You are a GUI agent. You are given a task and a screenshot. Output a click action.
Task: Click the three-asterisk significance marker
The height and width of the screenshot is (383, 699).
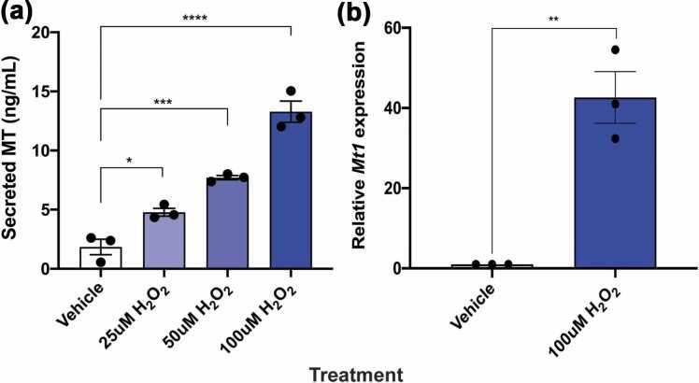click(x=164, y=95)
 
